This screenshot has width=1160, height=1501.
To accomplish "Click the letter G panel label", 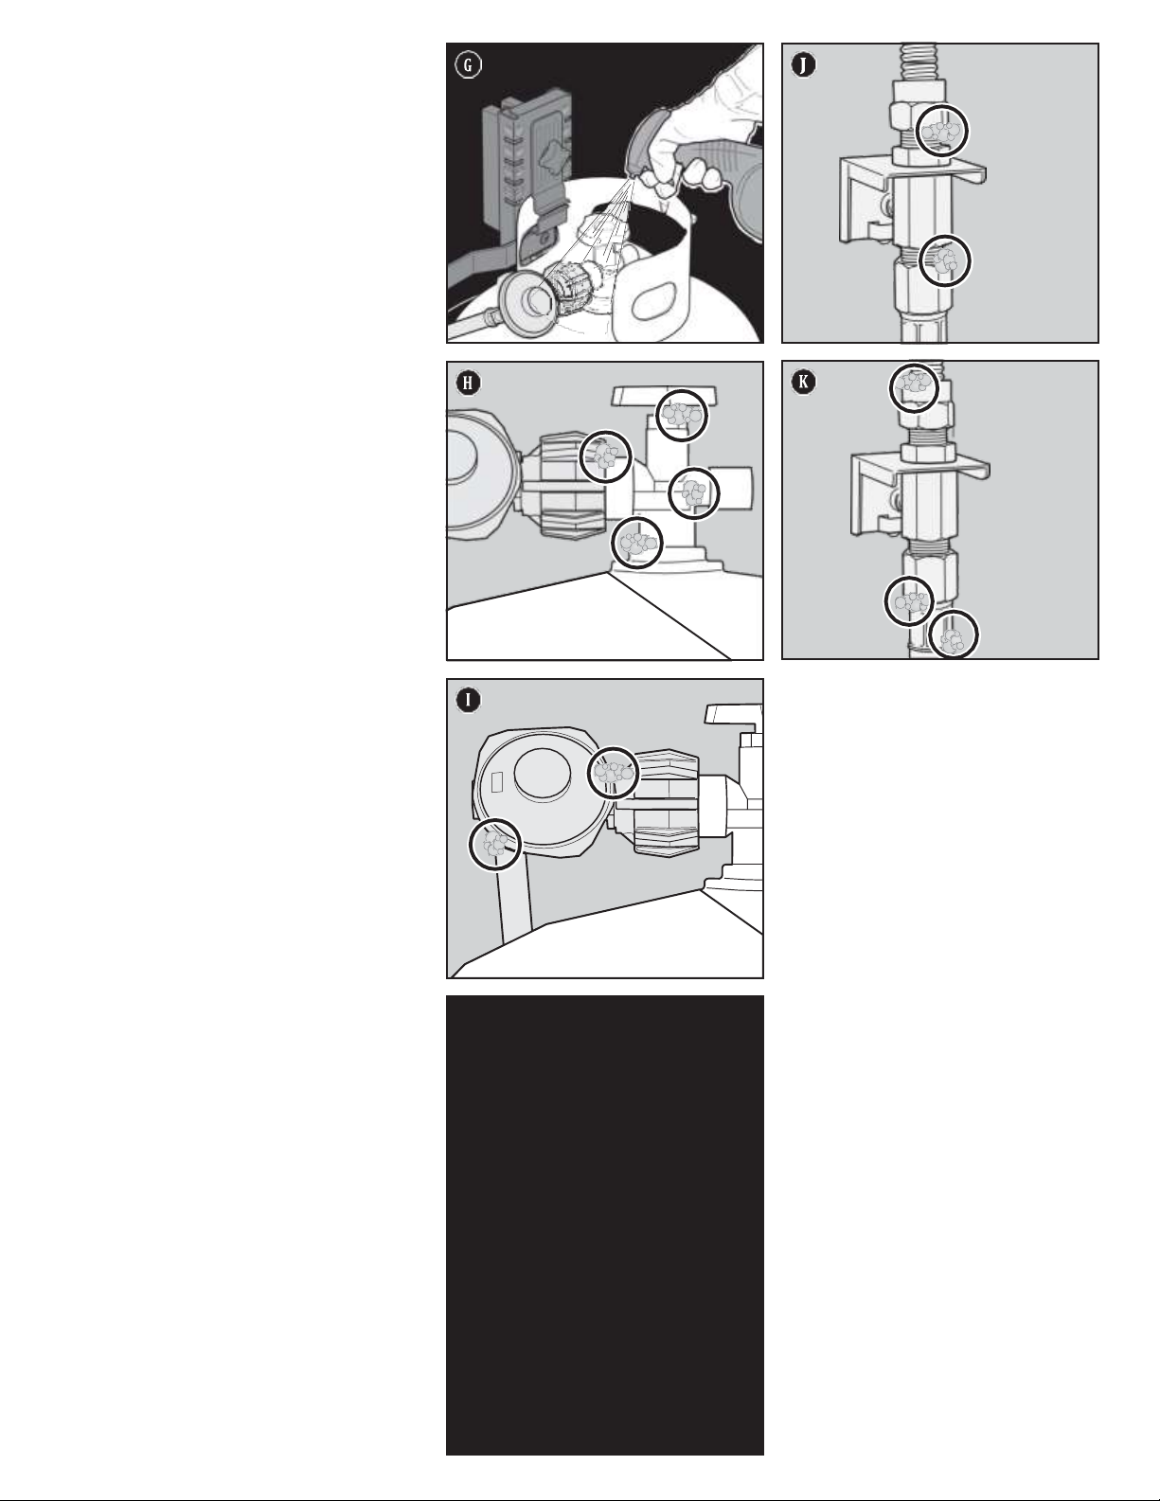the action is pos(468,65).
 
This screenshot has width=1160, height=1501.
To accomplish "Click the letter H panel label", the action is pos(468,384).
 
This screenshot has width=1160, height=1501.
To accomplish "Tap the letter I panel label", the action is pos(468,701).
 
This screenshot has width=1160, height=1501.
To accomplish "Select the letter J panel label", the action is pos(803,65).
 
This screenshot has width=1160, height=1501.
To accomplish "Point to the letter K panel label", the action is pos(803,383).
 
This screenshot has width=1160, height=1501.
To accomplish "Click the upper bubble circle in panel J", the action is pos(942,130).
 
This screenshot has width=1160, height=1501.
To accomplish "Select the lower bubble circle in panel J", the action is pos(945,261).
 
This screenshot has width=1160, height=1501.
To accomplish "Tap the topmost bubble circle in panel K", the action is pos(914,388).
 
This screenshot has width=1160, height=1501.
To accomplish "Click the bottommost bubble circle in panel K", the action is pos(954,634).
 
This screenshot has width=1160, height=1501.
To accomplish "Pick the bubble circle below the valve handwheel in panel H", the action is pos(682,415).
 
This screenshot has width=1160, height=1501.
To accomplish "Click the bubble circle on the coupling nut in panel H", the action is pos(605,456).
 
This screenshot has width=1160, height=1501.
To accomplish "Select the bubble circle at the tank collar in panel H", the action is pos(637,543).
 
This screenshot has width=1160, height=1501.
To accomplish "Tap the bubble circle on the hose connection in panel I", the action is pos(495,844).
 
